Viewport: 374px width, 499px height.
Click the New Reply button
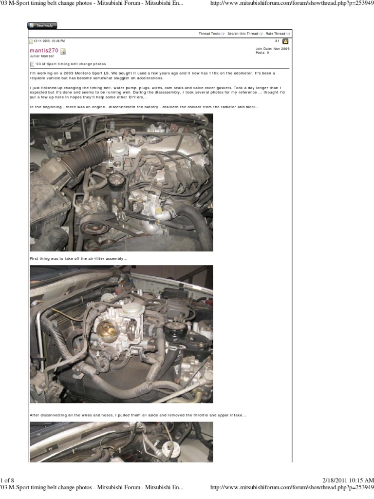(42, 25)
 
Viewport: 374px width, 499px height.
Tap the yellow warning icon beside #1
(285, 41)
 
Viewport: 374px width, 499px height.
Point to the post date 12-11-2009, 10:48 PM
(49, 41)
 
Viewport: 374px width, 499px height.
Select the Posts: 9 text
(262, 53)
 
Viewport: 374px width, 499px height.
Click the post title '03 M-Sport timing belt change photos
(70, 64)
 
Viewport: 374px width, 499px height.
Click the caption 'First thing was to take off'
(78, 258)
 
